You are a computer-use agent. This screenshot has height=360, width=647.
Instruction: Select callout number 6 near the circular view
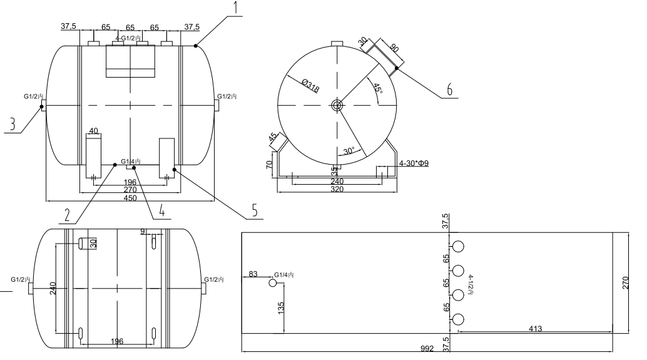coord(449,90)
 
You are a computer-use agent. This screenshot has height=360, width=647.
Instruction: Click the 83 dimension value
coord(252,274)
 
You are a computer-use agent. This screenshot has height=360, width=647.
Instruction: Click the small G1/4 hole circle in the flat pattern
coord(272,282)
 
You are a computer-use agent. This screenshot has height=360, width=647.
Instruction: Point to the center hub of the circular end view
coord(338,105)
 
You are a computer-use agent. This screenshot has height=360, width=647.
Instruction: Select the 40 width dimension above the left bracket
coord(93,131)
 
